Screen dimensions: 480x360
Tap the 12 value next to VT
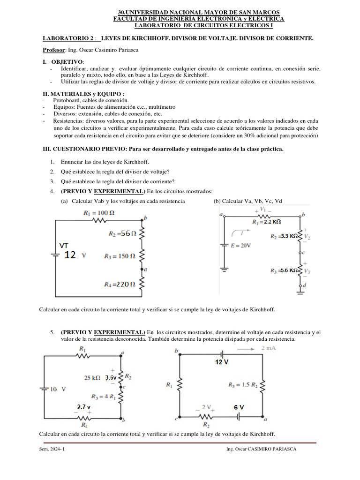click(x=70, y=255)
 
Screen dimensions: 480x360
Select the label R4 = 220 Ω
click(x=120, y=284)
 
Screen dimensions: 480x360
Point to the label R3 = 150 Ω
click(x=120, y=256)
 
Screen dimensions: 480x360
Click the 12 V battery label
click(x=222, y=362)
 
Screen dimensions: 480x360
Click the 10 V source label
click(x=59, y=389)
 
